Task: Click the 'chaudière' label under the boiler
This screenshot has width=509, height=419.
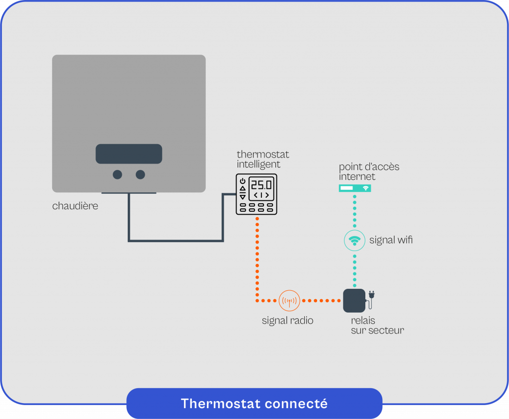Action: click(x=75, y=206)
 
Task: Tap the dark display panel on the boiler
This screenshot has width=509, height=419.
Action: click(x=129, y=154)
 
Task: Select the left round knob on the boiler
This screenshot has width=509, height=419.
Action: click(x=117, y=174)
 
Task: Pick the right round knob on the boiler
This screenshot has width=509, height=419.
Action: click(x=141, y=174)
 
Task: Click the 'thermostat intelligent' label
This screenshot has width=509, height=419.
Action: click(x=262, y=159)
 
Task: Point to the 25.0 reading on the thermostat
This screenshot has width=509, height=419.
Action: click(x=261, y=185)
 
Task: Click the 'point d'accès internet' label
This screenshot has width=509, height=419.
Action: click(x=369, y=171)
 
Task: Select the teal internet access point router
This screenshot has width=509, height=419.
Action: click(x=355, y=188)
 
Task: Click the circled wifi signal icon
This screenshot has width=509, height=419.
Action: click(x=355, y=241)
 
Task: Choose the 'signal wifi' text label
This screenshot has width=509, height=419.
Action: click(x=391, y=241)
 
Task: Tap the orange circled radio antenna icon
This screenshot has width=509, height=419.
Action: click(x=289, y=301)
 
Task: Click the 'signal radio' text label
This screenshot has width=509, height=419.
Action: click(x=287, y=321)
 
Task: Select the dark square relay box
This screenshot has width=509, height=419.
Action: click(x=354, y=301)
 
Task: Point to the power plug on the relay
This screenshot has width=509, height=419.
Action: click(x=371, y=297)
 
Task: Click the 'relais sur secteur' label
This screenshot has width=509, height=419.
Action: click(x=377, y=325)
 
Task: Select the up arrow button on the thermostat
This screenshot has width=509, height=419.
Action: click(x=243, y=188)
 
